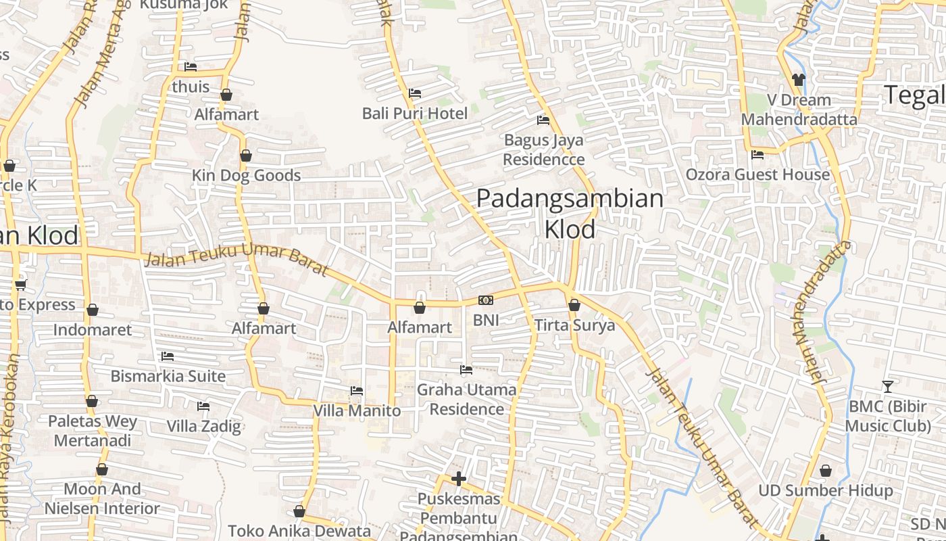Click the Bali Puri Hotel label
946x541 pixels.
point(414,113)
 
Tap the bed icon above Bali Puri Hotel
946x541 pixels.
point(414,93)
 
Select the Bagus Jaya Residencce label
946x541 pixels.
point(543,150)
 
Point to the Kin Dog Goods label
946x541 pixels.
point(246,176)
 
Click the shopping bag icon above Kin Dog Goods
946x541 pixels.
point(246,156)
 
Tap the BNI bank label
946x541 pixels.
point(486,320)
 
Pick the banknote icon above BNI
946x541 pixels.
point(486,300)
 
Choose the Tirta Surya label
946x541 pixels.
point(575,325)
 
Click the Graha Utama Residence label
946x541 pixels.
point(466,399)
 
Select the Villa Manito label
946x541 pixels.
point(357,410)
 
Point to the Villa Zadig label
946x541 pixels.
point(203,426)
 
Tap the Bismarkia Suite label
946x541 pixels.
point(168,376)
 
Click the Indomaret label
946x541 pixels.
point(93,330)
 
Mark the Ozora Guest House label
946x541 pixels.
point(757,174)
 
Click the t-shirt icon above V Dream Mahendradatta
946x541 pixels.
point(798,80)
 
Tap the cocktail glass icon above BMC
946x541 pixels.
point(888,386)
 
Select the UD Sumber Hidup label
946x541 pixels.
point(825,490)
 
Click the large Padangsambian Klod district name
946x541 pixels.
point(570,214)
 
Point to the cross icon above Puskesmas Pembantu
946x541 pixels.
point(459,479)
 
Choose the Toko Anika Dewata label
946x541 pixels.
point(299,531)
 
